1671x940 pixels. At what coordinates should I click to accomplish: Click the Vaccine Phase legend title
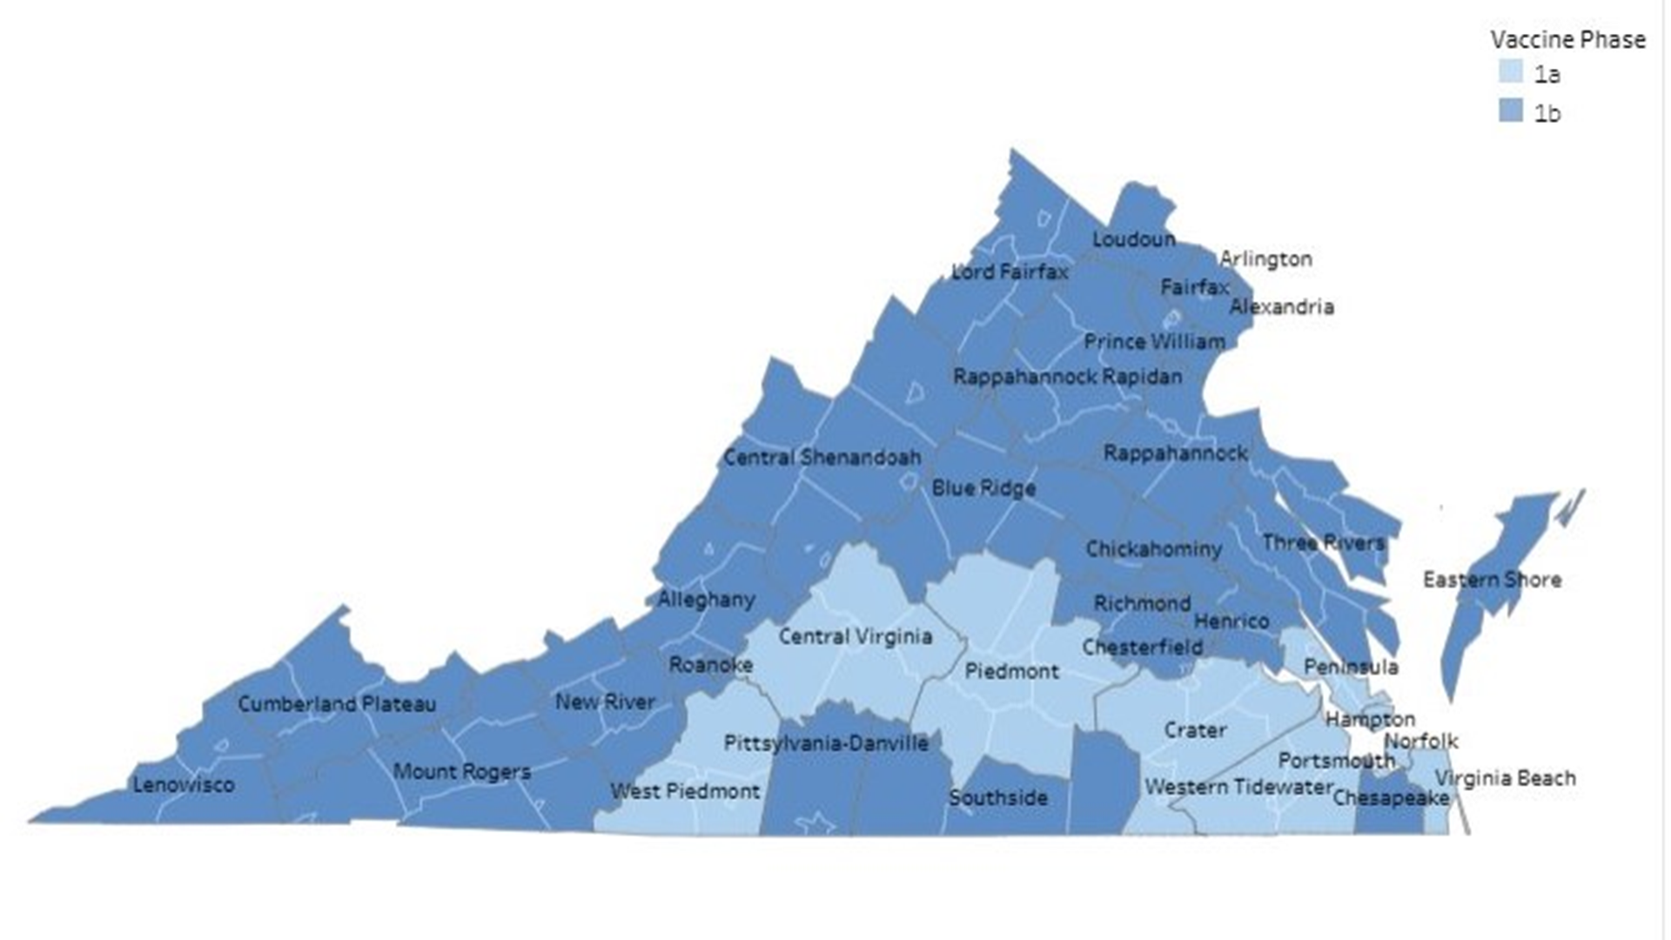pyautogui.click(x=1567, y=39)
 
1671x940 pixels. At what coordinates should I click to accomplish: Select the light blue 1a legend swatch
pyautogui.click(x=1510, y=71)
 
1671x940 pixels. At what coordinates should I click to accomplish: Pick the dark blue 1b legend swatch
pyautogui.click(x=1510, y=111)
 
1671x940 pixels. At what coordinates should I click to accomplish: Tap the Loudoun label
pyautogui.click(x=1133, y=239)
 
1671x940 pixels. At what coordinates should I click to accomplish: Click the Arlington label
pyautogui.click(x=1265, y=258)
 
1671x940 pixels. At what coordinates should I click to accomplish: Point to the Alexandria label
pyautogui.click(x=1281, y=306)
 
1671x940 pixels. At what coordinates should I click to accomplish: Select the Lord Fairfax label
pyautogui.click(x=1010, y=272)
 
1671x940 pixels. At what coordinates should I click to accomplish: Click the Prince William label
pyautogui.click(x=1154, y=342)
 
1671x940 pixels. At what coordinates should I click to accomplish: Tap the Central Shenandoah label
pyautogui.click(x=822, y=457)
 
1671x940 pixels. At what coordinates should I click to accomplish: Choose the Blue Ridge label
pyautogui.click(x=983, y=487)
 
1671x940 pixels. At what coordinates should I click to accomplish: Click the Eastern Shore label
pyautogui.click(x=1492, y=580)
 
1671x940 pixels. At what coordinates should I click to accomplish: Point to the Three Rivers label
pyautogui.click(x=1323, y=543)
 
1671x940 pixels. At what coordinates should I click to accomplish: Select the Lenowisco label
pyautogui.click(x=184, y=784)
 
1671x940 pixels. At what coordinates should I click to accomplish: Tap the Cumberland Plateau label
pyautogui.click(x=337, y=703)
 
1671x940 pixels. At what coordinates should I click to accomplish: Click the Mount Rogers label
pyautogui.click(x=461, y=771)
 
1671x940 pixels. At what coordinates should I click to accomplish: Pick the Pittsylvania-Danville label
pyautogui.click(x=826, y=743)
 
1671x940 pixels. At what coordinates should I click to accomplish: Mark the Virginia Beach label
pyautogui.click(x=1505, y=778)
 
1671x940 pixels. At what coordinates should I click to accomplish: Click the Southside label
pyautogui.click(x=998, y=797)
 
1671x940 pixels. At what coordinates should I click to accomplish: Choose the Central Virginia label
pyautogui.click(x=855, y=636)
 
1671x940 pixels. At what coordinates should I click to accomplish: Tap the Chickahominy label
pyautogui.click(x=1153, y=549)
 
